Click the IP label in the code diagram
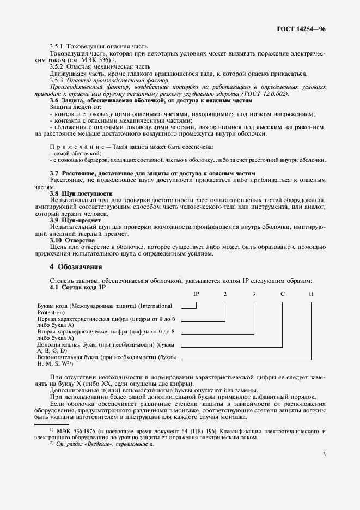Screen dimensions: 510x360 pos(197,294)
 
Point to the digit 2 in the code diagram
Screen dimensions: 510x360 pos(225,294)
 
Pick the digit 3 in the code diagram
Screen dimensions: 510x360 pos(253,294)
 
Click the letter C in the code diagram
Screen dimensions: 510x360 pos(282,294)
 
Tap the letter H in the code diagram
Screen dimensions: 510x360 pos(311,294)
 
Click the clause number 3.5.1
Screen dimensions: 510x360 pos(57,47)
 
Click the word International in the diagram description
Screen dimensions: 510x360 pos(157,306)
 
